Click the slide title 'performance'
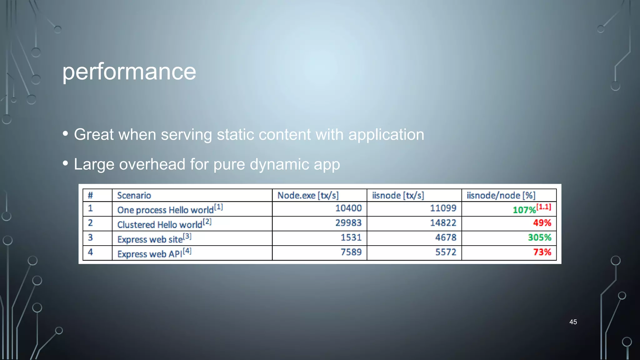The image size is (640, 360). (x=129, y=72)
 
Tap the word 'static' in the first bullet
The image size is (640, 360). (x=235, y=135)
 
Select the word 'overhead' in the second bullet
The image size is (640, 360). (x=152, y=164)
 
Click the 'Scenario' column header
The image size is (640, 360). (x=134, y=196)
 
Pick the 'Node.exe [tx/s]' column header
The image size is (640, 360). (x=308, y=196)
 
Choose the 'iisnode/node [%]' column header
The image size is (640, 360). (x=501, y=196)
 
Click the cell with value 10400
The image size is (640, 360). (x=348, y=208)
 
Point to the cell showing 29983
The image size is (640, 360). (x=348, y=223)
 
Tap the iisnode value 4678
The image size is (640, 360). (x=446, y=237)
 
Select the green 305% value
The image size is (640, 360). (x=539, y=237)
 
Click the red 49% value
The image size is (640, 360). (x=542, y=223)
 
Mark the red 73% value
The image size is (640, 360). (x=542, y=252)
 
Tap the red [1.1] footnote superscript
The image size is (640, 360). (x=544, y=207)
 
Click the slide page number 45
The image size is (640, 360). (x=573, y=322)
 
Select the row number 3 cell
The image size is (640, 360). (x=90, y=237)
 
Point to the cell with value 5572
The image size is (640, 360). (x=446, y=252)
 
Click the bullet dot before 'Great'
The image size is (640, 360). (x=65, y=134)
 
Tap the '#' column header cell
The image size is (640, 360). (x=90, y=196)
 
